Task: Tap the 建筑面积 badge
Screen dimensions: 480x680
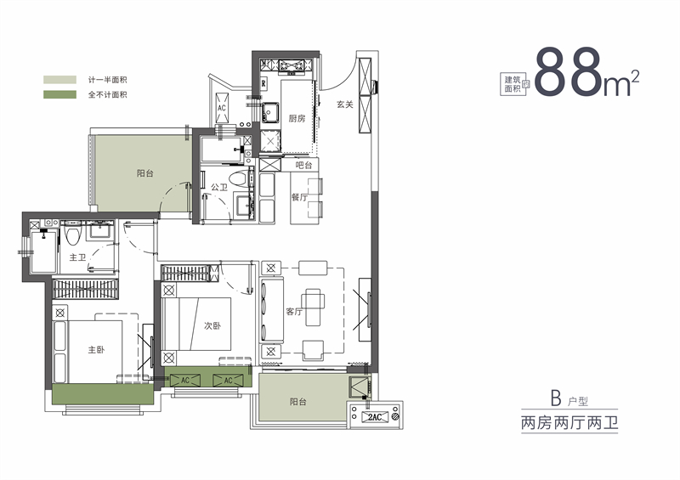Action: [515, 82]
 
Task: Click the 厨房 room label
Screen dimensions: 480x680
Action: [297, 118]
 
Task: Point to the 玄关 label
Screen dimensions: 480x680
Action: [343, 104]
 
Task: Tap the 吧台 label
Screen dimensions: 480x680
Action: [303, 165]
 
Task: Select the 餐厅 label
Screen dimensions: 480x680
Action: [298, 196]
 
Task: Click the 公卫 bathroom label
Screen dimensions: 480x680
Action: [219, 186]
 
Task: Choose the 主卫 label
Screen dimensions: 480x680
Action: [78, 257]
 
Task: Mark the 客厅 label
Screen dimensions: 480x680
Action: [294, 312]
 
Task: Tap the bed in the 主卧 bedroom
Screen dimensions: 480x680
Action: [88, 350]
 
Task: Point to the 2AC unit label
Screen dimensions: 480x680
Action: [376, 417]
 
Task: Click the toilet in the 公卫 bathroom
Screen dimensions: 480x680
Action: [246, 177]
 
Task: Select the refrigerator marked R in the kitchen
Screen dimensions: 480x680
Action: [264, 83]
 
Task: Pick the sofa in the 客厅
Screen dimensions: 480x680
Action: [272, 311]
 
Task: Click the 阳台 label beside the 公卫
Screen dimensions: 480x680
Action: [145, 173]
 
